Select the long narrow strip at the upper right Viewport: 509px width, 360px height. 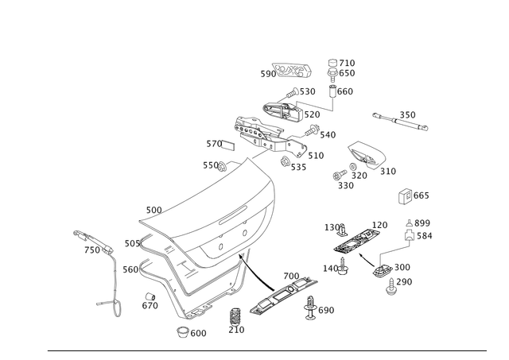click(x=401, y=121)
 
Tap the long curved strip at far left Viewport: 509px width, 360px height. click(x=92, y=239)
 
